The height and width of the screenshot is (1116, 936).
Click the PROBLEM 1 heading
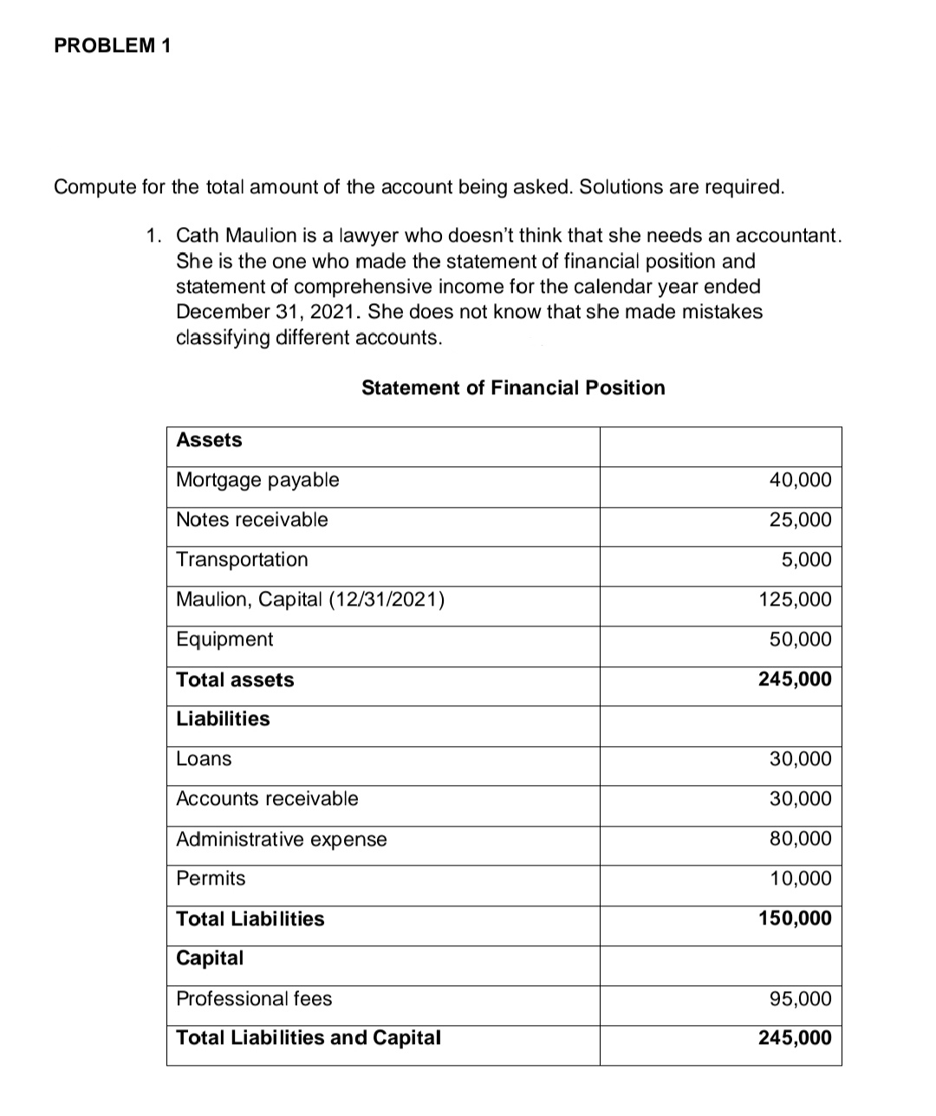click(112, 47)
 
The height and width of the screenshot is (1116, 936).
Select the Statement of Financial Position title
click(513, 388)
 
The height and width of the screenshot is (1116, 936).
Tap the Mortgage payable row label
click(257, 480)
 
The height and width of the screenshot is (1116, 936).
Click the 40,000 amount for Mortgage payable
click(800, 480)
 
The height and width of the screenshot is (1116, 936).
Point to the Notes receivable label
click(251, 520)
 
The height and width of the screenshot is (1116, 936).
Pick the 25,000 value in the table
click(800, 520)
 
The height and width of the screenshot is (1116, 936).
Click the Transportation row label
click(242, 560)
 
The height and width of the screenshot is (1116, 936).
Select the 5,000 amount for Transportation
click(806, 560)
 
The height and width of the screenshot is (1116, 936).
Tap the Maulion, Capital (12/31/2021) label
click(310, 600)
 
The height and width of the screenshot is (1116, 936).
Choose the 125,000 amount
click(795, 600)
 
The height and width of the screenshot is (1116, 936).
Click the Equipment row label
click(224, 639)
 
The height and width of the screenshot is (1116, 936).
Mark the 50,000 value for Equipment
click(800, 639)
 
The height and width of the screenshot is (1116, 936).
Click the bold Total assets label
click(235, 680)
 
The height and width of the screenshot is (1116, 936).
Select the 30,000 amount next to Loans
click(800, 759)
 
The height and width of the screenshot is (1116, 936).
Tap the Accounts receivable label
click(267, 799)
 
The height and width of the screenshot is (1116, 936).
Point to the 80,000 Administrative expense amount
click(800, 839)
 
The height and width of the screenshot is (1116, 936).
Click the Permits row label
click(211, 879)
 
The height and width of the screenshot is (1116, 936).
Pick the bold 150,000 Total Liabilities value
click(795, 918)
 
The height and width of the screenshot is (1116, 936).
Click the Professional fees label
click(254, 999)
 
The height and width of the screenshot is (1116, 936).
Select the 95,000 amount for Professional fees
click(800, 999)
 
